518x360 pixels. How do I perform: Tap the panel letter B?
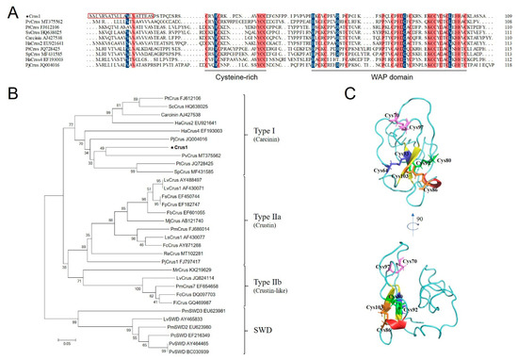(x=8, y=93)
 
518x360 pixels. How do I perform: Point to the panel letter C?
(x=351, y=93)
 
